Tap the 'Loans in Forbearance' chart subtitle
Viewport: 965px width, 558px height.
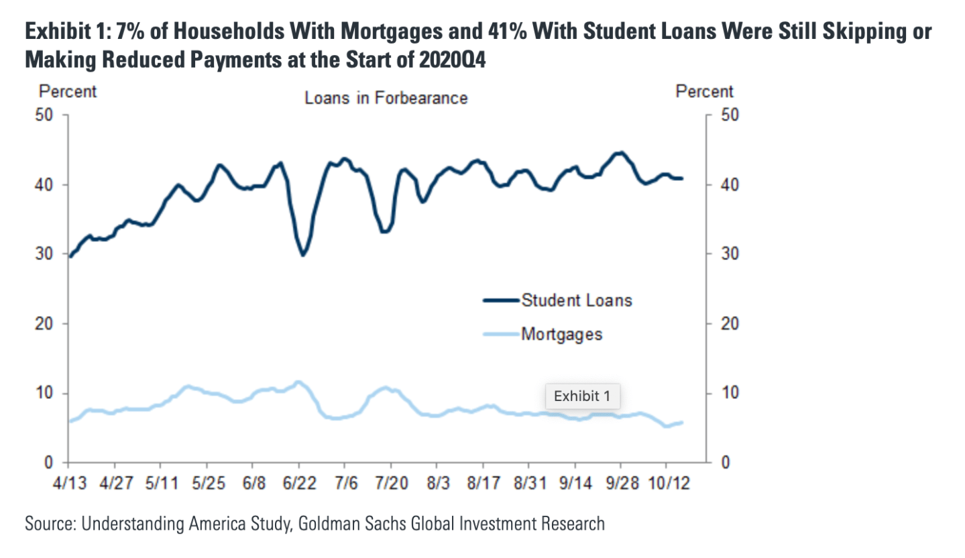[x=386, y=98]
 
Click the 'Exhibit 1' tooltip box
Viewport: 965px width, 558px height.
[x=582, y=396]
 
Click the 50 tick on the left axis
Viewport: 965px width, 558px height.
[x=44, y=115]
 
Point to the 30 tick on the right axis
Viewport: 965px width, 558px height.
[x=728, y=254]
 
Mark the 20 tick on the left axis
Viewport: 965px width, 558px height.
[x=44, y=324]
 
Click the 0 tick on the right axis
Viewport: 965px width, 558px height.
[x=724, y=463]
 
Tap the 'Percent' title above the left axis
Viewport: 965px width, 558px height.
[x=68, y=91]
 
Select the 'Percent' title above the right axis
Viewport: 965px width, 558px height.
[x=705, y=91]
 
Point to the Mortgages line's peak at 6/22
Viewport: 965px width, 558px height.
[x=298, y=382]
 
